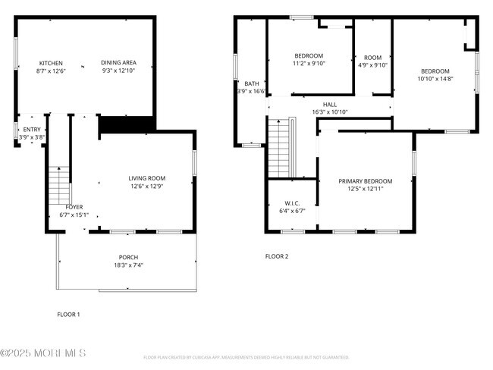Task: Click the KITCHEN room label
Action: [51, 63]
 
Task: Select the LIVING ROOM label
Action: [146, 178]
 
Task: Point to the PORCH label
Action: [128, 257]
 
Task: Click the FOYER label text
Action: [74, 206]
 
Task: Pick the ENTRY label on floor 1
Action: [32, 130]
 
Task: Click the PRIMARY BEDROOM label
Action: [365, 181]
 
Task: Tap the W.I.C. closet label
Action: [292, 203]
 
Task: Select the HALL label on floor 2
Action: [329, 105]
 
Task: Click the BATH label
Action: [251, 83]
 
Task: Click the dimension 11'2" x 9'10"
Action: [309, 64]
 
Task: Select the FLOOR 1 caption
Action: [68, 314]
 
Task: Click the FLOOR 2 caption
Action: [277, 256]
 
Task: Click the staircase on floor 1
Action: [59, 185]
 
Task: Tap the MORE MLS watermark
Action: [43, 353]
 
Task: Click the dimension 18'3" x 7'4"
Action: [128, 265]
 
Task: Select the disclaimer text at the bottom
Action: [246, 356]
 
